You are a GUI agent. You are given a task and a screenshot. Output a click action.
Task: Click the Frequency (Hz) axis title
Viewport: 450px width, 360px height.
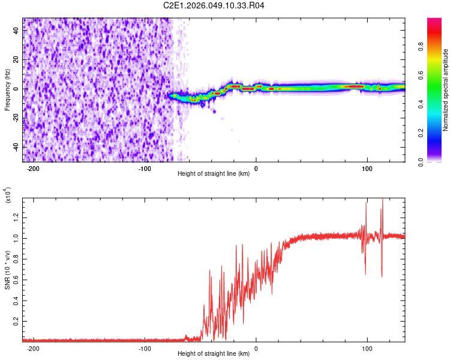pos(7,90)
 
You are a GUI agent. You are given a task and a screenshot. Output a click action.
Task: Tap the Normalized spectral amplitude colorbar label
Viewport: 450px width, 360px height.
pos(446,90)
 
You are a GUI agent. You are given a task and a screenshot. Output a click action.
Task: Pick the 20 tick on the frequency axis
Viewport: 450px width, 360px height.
pos(16,60)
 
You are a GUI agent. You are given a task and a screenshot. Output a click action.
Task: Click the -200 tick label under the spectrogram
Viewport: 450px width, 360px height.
pos(34,169)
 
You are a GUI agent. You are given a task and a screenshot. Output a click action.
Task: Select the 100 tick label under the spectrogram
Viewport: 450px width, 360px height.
pos(367,169)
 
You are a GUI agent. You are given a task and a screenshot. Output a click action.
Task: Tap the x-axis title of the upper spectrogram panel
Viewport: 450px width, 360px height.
pos(214,174)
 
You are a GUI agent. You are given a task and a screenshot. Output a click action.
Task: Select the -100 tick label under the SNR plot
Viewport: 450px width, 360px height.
pos(145,348)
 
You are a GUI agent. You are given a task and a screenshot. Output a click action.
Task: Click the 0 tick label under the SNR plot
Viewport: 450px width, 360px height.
pos(256,348)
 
